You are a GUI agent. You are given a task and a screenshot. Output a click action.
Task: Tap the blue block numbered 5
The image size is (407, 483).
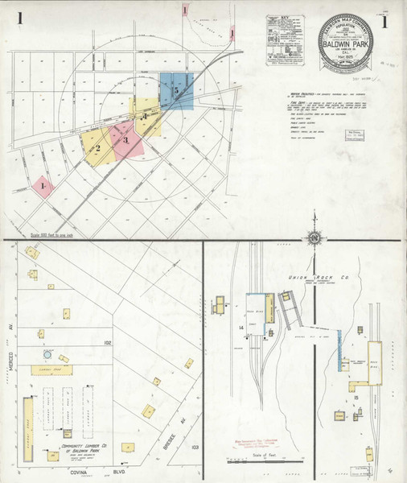tap(177, 91)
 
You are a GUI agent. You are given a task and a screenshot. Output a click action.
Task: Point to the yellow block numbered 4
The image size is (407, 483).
tap(146, 118)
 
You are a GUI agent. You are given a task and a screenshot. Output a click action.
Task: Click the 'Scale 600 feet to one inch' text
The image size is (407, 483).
tap(57, 235)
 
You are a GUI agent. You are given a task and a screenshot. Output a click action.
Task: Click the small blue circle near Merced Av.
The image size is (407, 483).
tap(48, 353)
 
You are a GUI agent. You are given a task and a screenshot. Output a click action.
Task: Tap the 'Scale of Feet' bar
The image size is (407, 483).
tap(253, 460)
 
